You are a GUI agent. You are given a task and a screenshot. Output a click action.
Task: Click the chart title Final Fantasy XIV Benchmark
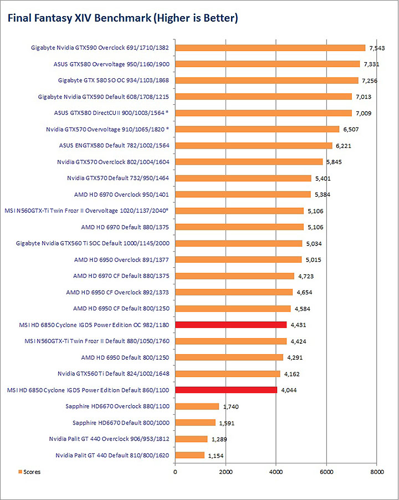pyautogui.click(x=122, y=18)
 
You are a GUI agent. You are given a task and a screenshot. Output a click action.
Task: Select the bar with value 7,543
pyautogui.click(x=270, y=48)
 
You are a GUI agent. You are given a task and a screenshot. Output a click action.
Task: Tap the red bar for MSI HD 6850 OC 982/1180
pyautogui.click(x=231, y=324)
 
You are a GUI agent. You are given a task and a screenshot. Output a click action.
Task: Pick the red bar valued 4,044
pyautogui.click(x=226, y=390)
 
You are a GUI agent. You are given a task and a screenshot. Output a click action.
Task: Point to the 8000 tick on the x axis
pyautogui.click(x=377, y=472)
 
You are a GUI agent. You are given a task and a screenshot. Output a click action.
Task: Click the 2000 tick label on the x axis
pyautogui.click(x=226, y=472)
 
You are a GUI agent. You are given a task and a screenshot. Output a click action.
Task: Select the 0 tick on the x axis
pyautogui.click(x=175, y=472)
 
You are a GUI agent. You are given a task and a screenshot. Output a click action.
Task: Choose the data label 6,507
pyautogui.click(x=352, y=129)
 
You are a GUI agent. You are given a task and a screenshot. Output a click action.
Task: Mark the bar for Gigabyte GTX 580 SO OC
pyautogui.click(x=267, y=80)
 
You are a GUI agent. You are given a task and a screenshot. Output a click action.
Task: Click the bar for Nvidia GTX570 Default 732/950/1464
pyautogui.click(x=243, y=178)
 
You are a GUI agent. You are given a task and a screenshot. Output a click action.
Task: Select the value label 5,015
pyautogui.click(x=314, y=259)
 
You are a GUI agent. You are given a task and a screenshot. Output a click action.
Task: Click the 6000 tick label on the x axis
pyautogui.click(x=326, y=472)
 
